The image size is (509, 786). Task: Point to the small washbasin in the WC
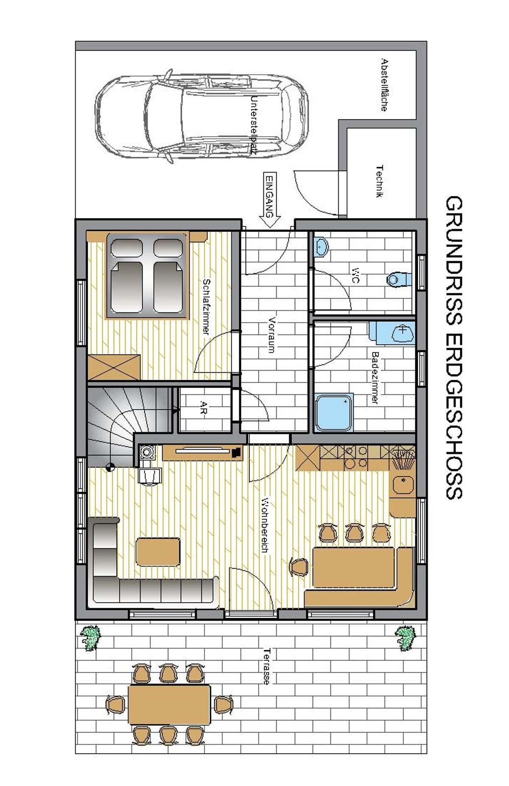(x=321, y=246)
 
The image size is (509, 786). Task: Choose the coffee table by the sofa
(x=158, y=551)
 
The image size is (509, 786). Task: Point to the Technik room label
(x=380, y=181)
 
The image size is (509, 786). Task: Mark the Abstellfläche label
(x=384, y=84)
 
